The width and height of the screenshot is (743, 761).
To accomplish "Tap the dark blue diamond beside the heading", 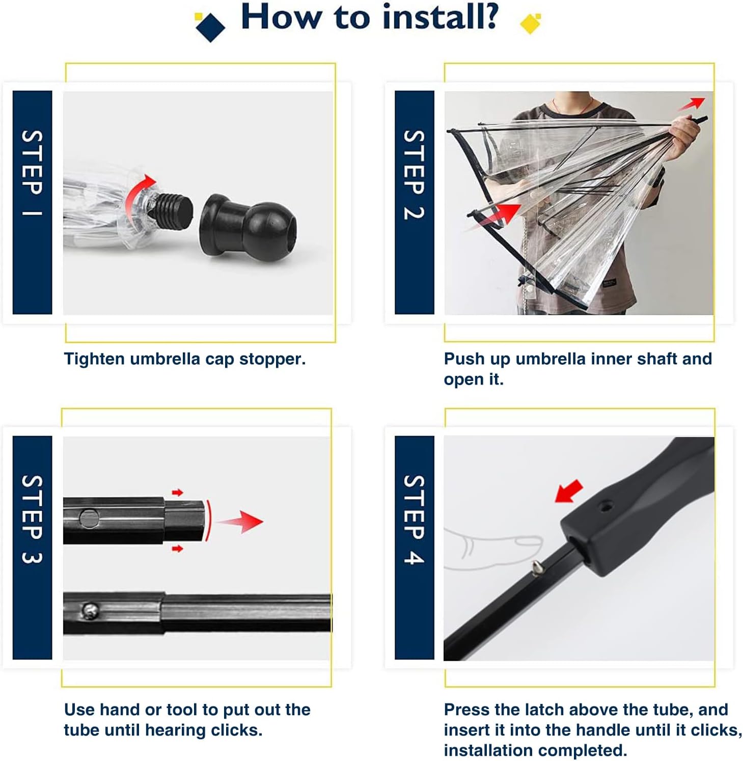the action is click(x=210, y=27).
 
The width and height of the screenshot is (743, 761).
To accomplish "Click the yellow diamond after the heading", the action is click(x=531, y=23).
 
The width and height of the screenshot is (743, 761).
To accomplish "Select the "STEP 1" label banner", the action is click(x=32, y=202).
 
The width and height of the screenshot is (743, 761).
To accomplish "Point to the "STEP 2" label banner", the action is click(x=415, y=202).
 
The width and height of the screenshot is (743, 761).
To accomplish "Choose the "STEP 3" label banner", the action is click(x=32, y=548).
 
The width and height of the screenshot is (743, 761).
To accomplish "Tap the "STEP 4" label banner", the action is click(x=415, y=548).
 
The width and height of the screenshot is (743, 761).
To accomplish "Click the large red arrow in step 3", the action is click(x=240, y=522).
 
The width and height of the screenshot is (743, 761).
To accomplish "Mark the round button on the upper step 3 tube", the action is click(x=89, y=519).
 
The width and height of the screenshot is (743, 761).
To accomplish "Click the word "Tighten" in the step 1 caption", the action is click(x=94, y=360).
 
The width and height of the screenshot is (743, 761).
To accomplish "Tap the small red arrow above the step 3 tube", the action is click(x=177, y=493).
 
